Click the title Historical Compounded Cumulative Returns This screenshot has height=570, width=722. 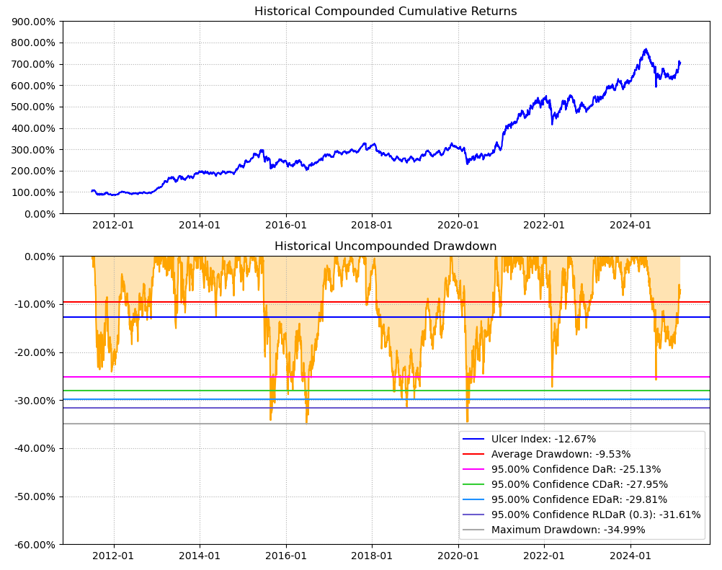coord(385,12)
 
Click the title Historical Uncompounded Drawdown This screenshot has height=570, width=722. coord(385,246)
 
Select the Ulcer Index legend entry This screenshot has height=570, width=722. coord(543,439)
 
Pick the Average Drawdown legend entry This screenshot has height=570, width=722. coord(561,454)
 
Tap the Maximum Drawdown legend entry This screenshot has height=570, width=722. coord(568,530)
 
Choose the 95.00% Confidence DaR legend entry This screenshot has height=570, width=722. coord(576,469)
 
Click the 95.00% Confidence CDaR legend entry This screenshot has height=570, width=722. coord(579,484)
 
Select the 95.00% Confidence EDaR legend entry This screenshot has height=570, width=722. coord(579,499)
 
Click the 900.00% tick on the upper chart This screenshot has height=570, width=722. coord(34,22)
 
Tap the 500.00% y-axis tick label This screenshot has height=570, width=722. coord(34,107)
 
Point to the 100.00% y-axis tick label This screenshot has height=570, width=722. coord(34,192)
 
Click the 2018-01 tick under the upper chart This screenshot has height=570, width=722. coord(372,225)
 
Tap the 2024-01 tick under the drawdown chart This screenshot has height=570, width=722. coord(630,556)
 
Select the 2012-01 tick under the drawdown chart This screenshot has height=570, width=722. coord(114,556)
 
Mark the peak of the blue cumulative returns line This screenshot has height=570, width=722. coord(646,49)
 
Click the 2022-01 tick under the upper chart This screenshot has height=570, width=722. coord(544,225)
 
